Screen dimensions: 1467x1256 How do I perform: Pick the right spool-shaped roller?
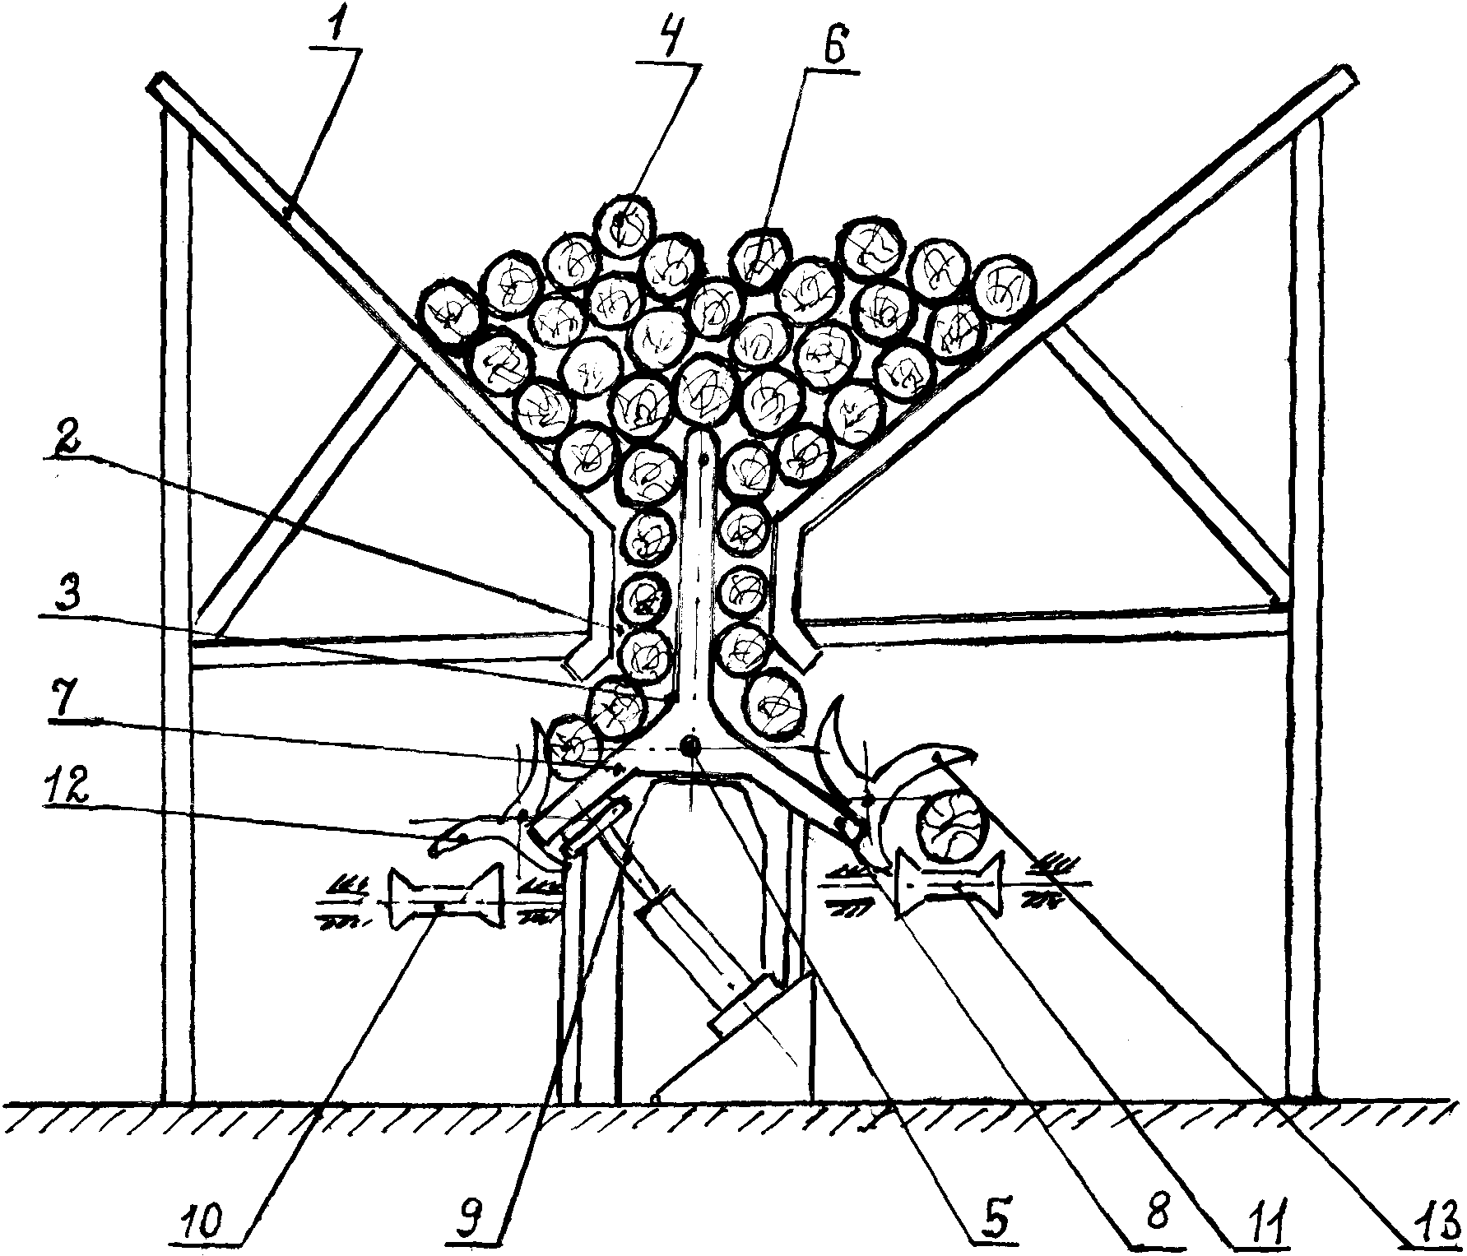click(953, 888)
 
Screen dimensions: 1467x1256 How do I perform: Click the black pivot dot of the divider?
click(689, 746)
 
